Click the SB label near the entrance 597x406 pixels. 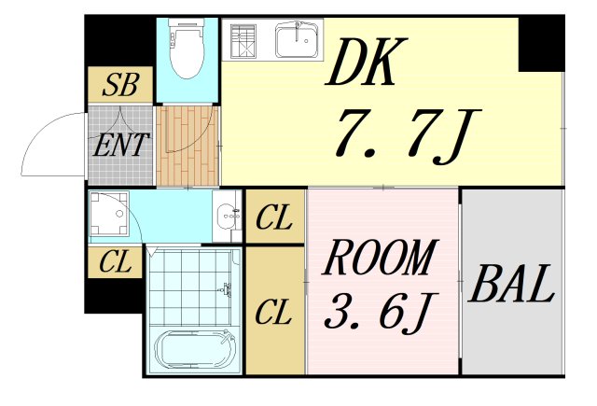(120, 86)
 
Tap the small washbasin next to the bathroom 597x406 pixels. (226, 217)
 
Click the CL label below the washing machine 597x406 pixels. (116, 263)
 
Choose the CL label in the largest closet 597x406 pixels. (275, 310)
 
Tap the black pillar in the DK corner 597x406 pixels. (541, 43)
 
